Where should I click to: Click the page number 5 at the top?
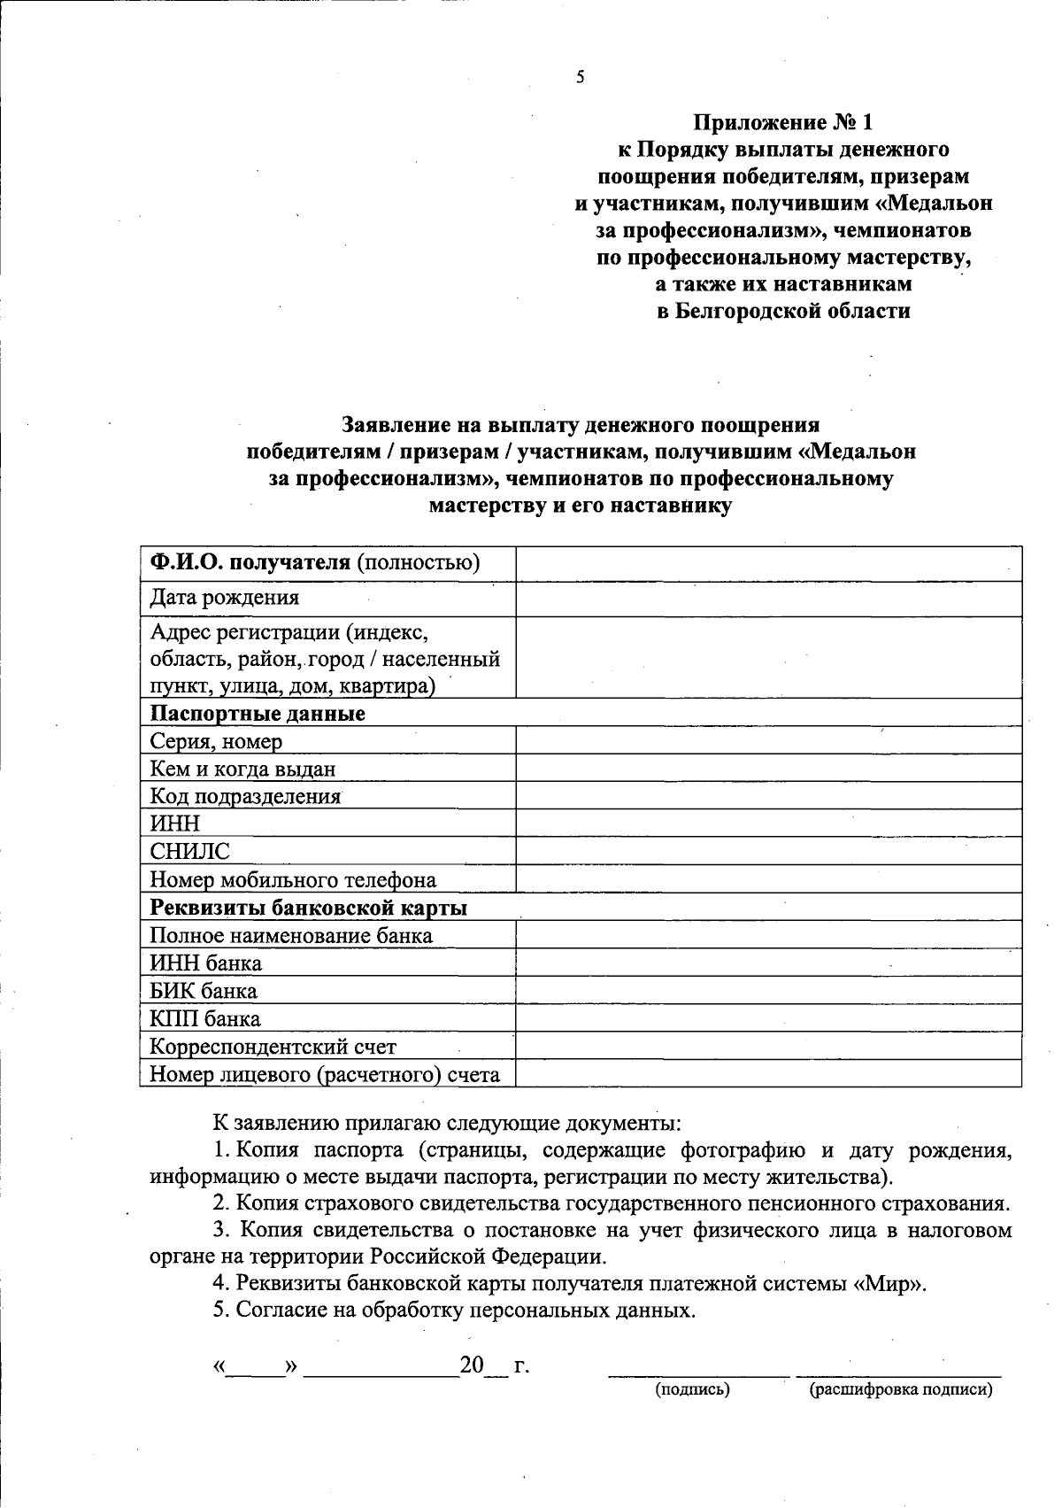click(581, 77)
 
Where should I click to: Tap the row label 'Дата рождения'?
click(225, 598)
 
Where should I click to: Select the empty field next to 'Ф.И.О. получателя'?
click(768, 564)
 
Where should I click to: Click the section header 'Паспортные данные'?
click(258, 714)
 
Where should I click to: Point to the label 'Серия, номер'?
click(217, 741)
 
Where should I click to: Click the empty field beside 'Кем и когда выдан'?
click(768, 769)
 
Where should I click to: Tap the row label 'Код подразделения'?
click(245, 796)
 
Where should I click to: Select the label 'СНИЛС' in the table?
click(189, 852)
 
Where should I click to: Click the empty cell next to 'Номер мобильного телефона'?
click(768, 879)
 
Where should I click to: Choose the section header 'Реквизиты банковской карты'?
click(309, 908)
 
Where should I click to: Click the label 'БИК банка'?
click(204, 991)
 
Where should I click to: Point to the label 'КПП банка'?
click(205, 1018)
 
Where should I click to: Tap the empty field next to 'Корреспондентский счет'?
click(768, 1047)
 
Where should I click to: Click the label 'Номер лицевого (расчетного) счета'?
click(325, 1075)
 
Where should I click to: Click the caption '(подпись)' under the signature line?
click(692, 1389)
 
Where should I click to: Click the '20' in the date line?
click(472, 1365)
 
